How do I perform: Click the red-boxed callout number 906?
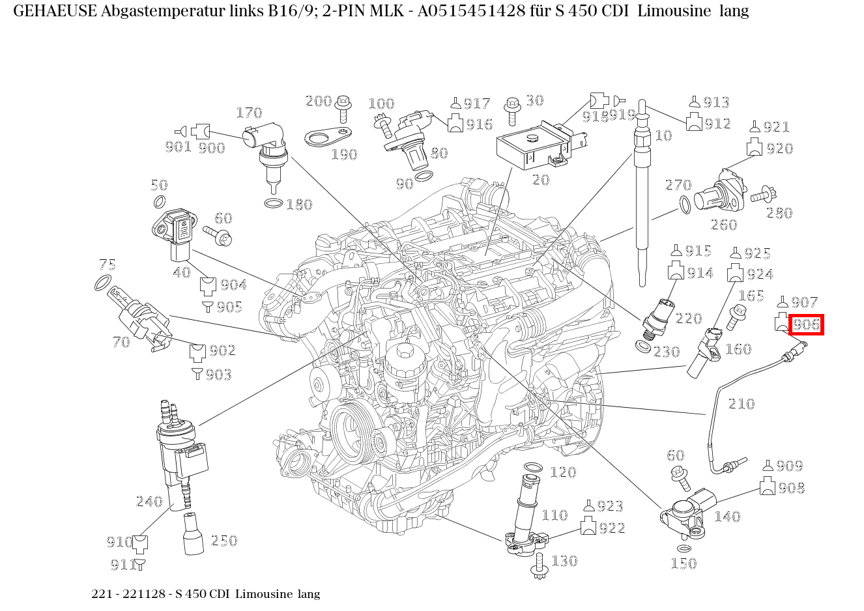tap(806, 324)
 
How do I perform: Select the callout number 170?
tap(249, 113)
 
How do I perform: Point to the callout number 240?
tap(149, 501)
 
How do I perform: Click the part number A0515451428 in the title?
tap(471, 11)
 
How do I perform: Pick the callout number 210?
tap(742, 404)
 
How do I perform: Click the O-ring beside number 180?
tap(274, 203)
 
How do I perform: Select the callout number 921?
tap(776, 126)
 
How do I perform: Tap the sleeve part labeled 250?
tap(194, 533)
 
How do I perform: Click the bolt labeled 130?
tap(540, 566)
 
